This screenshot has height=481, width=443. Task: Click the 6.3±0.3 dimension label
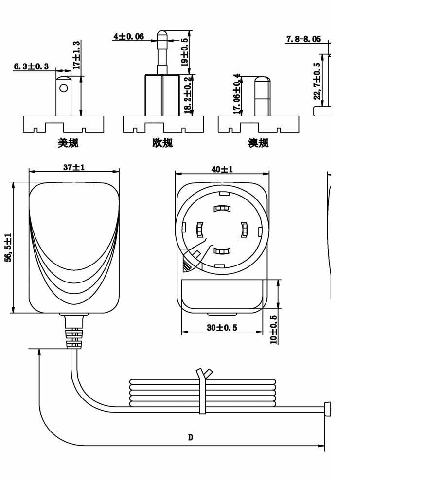[x=31, y=66]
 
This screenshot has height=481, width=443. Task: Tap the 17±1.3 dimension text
[x=76, y=55]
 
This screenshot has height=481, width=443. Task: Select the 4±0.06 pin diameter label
[x=129, y=36]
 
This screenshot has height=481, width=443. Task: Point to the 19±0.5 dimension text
[x=184, y=52]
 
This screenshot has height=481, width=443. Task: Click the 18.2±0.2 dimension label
[x=188, y=96]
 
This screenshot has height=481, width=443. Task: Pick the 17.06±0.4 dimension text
[x=237, y=94]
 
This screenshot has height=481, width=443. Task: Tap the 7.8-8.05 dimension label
[x=304, y=39]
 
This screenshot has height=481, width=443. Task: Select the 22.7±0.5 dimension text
[x=317, y=81]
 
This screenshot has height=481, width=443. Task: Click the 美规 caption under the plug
[x=68, y=143]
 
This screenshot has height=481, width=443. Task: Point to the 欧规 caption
[x=162, y=143]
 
